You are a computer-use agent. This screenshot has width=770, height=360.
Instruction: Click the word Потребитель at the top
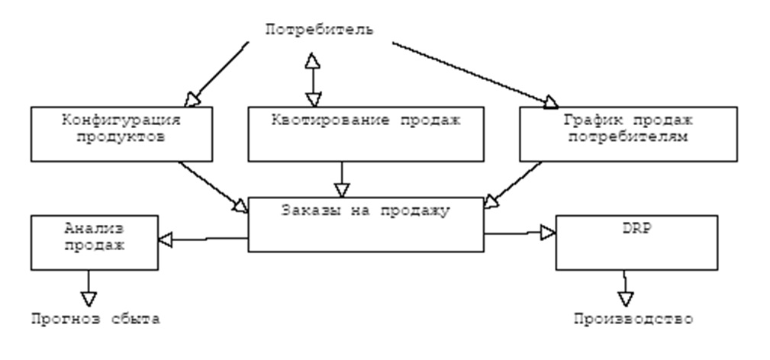(319, 30)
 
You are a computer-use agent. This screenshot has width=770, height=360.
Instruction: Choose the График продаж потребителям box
(628, 133)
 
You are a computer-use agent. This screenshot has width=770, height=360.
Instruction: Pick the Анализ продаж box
(94, 240)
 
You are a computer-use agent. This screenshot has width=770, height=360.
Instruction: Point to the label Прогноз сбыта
(95, 319)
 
